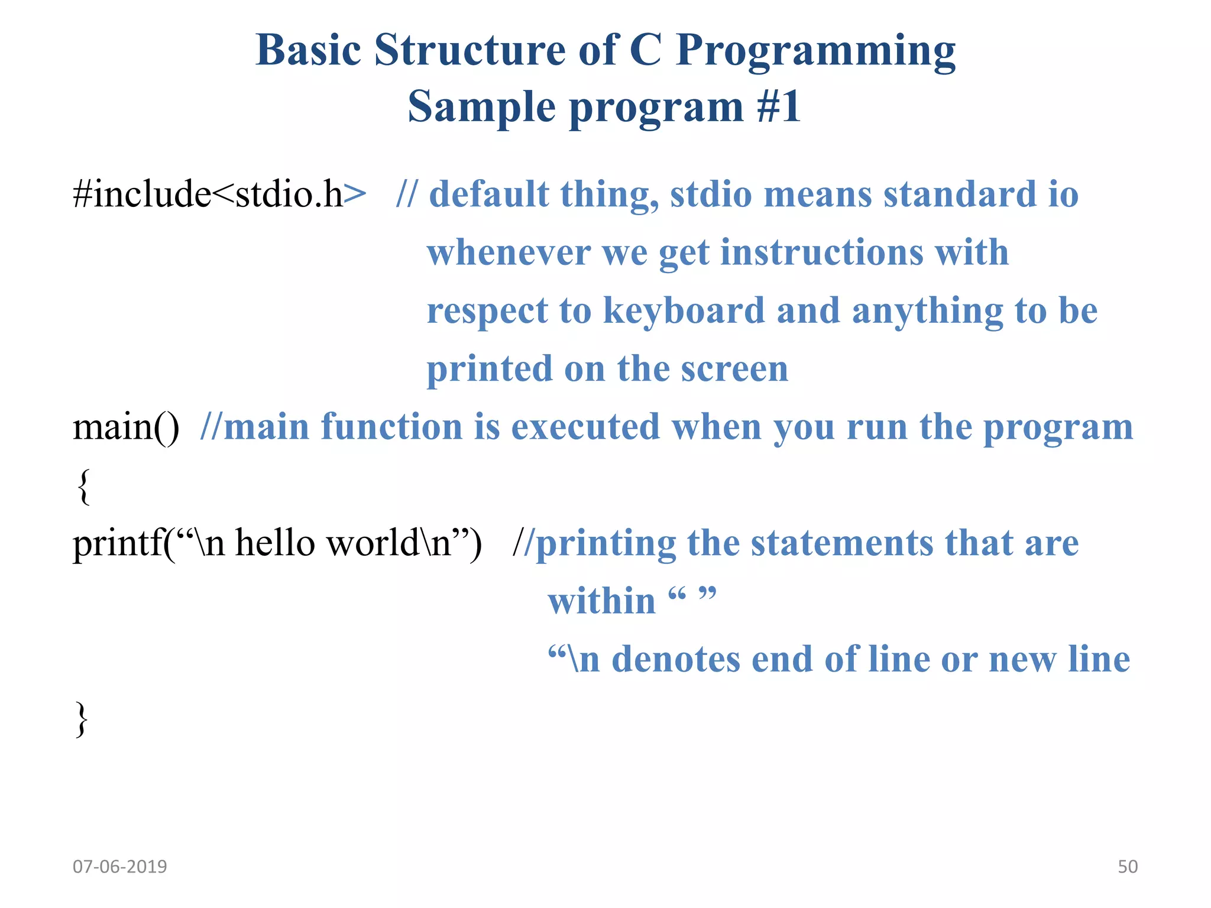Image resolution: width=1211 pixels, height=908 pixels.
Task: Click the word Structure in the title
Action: pyautogui.click(x=469, y=50)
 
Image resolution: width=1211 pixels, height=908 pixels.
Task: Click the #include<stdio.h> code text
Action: pyautogui.click(x=219, y=194)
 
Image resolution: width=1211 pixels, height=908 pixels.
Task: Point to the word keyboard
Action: pyautogui.click(x=684, y=311)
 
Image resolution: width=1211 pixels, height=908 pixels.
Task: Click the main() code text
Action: pyautogui.click(x=125, y=427)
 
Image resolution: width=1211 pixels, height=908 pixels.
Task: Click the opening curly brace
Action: pyautogui.click(x=83, y=486)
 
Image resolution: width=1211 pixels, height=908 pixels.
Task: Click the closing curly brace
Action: pyautogui.click(x=82, y=718)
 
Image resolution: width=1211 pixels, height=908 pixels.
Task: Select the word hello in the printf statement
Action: pyautogui.click(x=275, y=543)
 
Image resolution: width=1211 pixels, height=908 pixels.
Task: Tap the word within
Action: pyautogui.click(x=601, y=601)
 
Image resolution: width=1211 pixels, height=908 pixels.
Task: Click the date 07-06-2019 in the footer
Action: pyautogui.click(x=119, y=867)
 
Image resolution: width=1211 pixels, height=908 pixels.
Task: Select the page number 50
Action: pyautogui.click(x=1127, y=867)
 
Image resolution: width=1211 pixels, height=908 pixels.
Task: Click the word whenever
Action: pyautogui.click(x=508, y=252)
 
